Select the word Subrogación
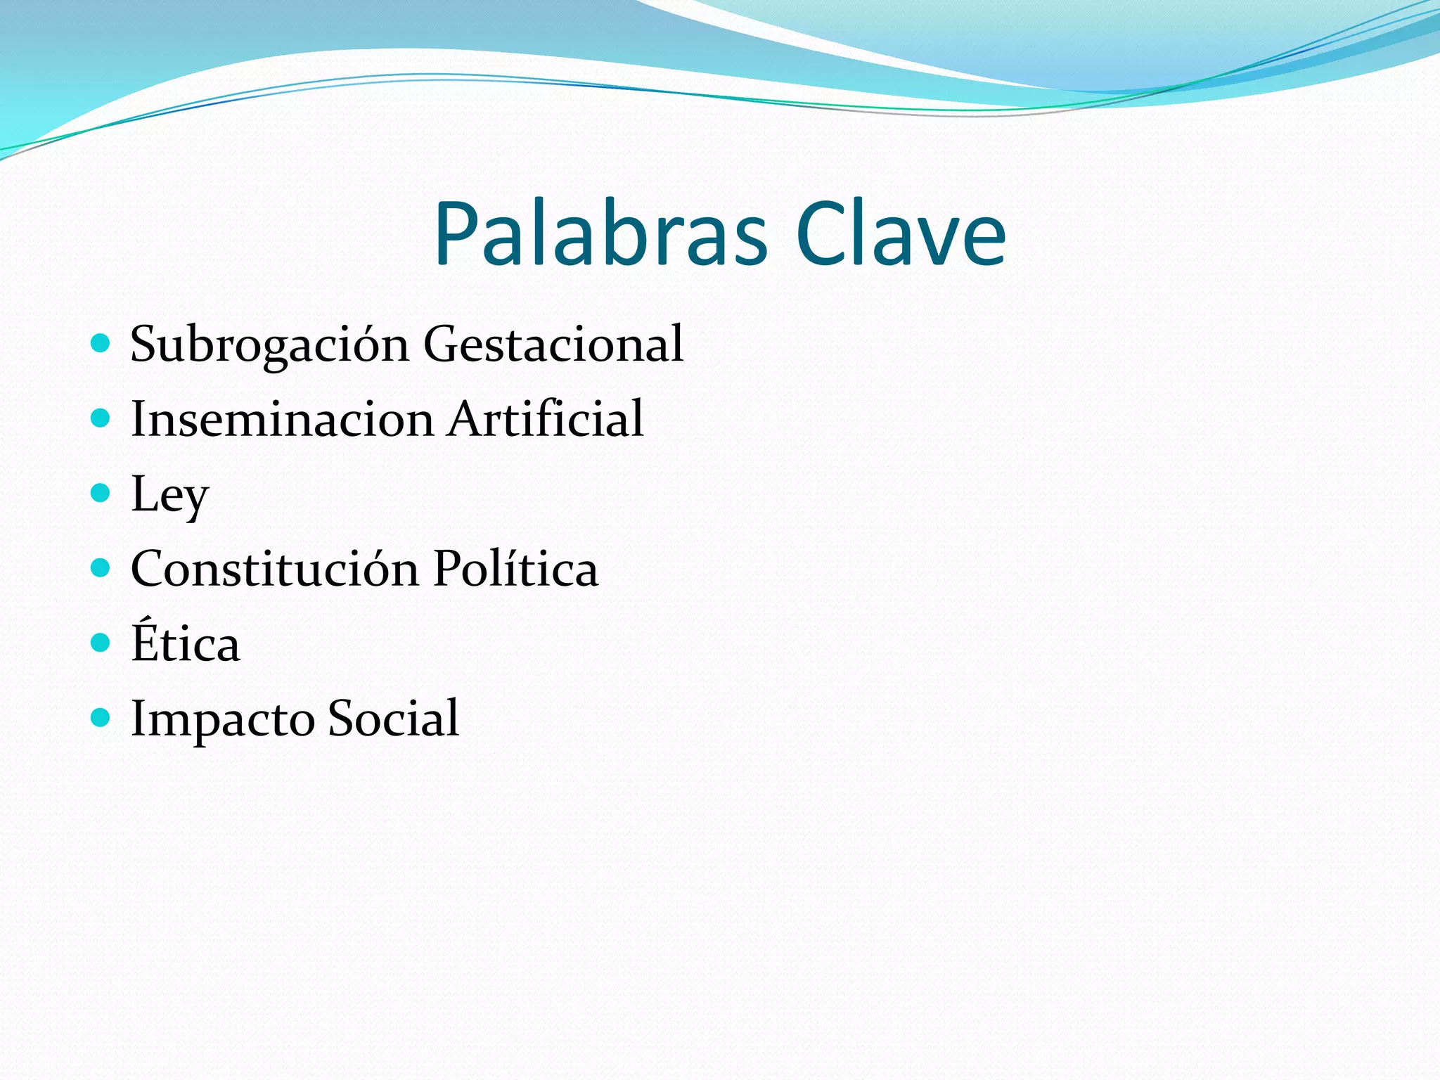(x=269, y=345)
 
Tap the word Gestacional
(x=553, y=345)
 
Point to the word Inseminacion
(x=282, y=419)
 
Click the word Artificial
(x=546, y=419)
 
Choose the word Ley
(x=169, y=494)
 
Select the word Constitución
(x=275, y=569)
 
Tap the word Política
(x=515, y=569)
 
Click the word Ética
(x=186, y=643)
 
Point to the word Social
(x=393, y=719)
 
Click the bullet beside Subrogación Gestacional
(x=101, y=343)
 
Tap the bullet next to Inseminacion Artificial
(x=101, y=418)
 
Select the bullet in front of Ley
(x=101, y=493)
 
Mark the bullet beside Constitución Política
(x=101, y=567)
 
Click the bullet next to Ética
(x=101, y=643)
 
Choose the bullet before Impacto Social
(x=101, y=717)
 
